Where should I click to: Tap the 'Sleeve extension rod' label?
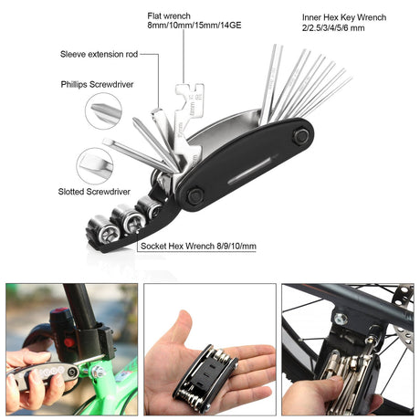(x=99, y=55)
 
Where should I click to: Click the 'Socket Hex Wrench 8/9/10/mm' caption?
(x=198, y=246)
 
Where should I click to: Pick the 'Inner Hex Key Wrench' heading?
(x=343, y=17)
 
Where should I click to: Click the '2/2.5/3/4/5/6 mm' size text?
(x=331, y=28)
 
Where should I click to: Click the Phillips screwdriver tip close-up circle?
(x=103, y=111)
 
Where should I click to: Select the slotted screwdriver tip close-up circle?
(x=95, y=167)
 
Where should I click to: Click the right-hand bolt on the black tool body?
(x=299, y=135)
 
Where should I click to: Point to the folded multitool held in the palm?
(x=205, y=376)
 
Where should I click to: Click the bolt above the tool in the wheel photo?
(x=340, y=320)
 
